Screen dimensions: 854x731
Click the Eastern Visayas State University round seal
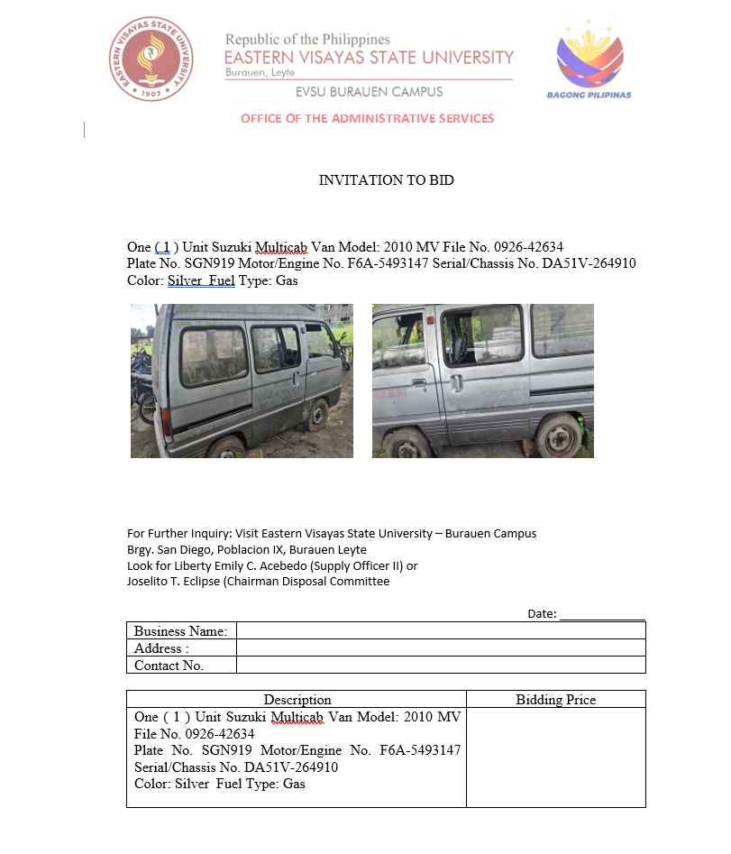point(151,60)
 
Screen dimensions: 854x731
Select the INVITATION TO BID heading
point(386,180)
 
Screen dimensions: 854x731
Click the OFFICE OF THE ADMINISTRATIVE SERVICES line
point(367,118)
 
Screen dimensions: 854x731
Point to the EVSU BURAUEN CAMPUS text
point(369,92)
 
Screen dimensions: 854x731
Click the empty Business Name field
point(441,630)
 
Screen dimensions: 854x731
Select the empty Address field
point(441,647)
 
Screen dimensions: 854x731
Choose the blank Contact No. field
point(441,665)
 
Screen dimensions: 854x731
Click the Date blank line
point(601,614)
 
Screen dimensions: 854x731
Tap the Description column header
point(297,700)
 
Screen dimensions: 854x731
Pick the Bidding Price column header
point(555,700)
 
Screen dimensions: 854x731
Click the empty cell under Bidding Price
point(555,757)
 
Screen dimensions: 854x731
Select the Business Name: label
point(180,630)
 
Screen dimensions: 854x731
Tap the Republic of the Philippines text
point(307,40)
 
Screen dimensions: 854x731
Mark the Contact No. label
point(169,666)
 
